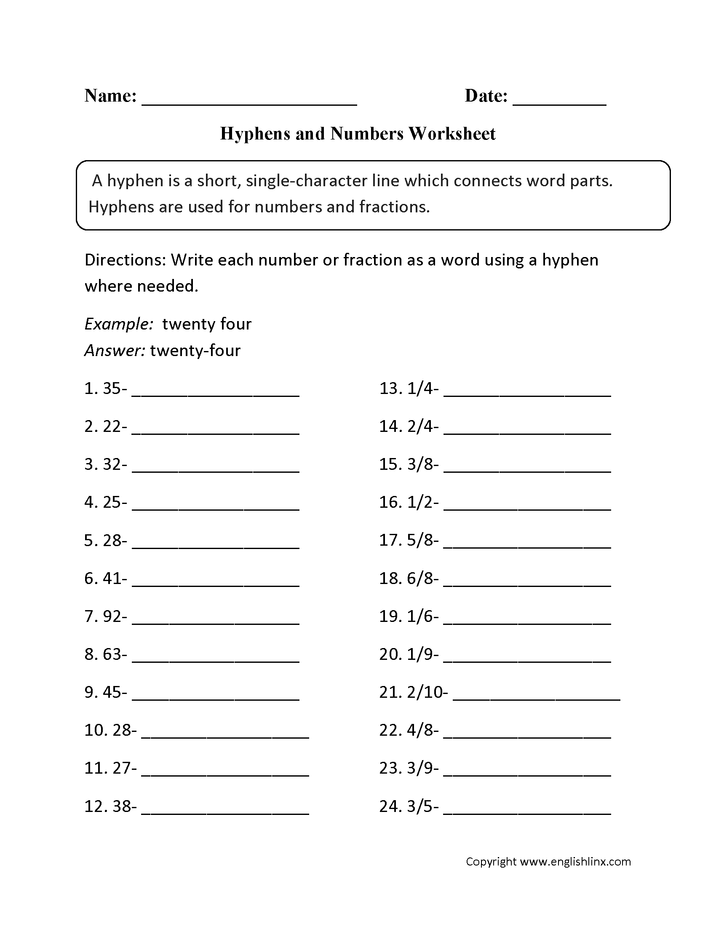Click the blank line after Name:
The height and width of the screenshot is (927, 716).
pyautogui.click(x=249, y=102)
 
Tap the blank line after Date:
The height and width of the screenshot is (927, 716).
pyautogui.click(x=559, y=102)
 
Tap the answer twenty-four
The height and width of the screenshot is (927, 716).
pyautogui.click(x=195, y=351)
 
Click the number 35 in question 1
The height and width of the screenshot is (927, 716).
pyautogui.click(x=112, y=389)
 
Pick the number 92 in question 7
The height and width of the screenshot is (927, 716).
pyautogui.click(x=112, y=617)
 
